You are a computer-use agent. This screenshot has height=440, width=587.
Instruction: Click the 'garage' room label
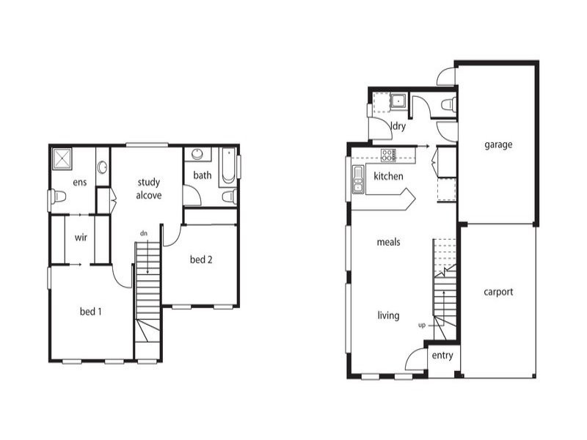(x=498, y=144)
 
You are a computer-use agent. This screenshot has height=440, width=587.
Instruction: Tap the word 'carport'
(x=498, y=291)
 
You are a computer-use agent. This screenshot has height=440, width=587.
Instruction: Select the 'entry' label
(x=442, y=356)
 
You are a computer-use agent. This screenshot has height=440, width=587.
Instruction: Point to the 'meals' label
(x=388, y=242)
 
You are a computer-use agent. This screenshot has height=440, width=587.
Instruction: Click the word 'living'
(x=388, y=315)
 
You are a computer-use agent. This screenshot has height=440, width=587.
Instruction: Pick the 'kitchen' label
(x=388, y=177)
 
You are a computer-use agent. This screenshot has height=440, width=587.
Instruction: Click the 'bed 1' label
(x=90, y=312)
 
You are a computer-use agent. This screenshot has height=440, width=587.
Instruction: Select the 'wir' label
(x=81, y=238)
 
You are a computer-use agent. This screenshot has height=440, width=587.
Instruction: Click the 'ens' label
(x=80, y=182)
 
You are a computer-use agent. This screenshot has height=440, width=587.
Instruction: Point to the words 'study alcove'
(x=148, y=188)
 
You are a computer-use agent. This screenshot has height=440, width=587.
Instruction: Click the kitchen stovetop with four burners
(x=388, y=155)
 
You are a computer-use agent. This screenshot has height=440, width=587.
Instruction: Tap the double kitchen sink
(x=359, y=178)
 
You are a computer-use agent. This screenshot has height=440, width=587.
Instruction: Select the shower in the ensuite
(x=62, y=158)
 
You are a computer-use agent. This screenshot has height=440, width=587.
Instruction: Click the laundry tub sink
(x=398, y=100)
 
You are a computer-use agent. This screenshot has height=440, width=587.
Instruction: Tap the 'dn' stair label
(x=145, y=233)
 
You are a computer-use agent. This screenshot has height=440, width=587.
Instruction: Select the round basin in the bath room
(x=197, y=154)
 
